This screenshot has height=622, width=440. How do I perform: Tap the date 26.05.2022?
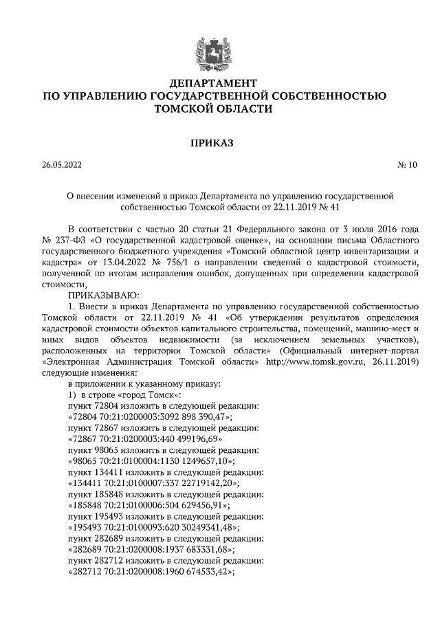coord(61,165)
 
